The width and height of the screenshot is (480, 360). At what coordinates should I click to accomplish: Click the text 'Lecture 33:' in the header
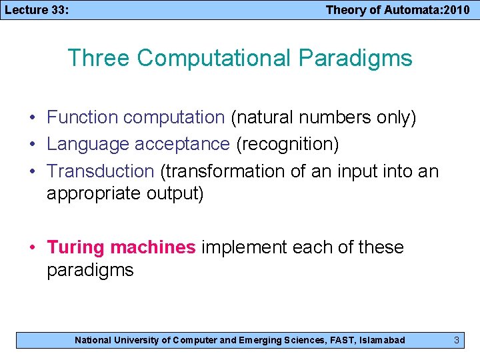pos(37,9)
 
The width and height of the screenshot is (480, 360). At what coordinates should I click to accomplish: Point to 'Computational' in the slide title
pos(214,58)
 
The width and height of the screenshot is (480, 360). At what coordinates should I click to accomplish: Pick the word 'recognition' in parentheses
pos(295,144)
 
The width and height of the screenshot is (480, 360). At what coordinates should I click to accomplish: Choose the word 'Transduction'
pos(101,171)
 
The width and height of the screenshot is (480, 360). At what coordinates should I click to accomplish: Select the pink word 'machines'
pos(153,247)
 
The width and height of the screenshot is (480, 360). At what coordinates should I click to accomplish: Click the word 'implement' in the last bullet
pos(244,247)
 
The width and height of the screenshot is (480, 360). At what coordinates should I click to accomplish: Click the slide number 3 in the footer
pos(456,340)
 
